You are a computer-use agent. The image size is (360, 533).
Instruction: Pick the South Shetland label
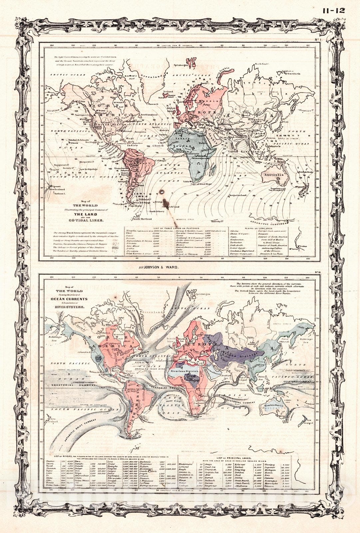[143, 219]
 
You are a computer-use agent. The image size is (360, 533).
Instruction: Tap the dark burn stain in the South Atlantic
[163, 192]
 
